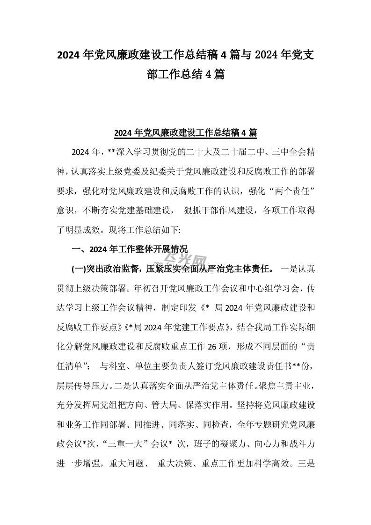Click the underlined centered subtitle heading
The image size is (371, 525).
pos(185,133)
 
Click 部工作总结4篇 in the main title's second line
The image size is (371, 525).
pos(185,74)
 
